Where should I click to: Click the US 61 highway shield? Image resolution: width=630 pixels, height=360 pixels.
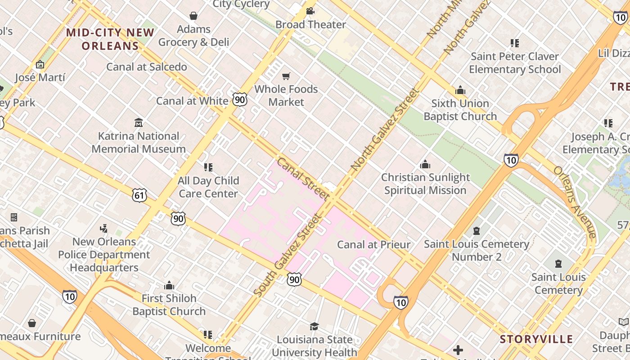click(139, 195)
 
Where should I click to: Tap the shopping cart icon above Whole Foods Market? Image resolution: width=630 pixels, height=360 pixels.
click(286, 76)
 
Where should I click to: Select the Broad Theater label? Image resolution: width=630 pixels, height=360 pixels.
click(310, 24)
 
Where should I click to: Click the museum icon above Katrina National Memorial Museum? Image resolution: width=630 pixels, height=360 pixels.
click(139, 122)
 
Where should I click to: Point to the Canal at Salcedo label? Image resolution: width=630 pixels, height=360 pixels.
click(147, 67)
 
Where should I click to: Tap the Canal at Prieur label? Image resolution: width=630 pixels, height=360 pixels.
click(373, 245)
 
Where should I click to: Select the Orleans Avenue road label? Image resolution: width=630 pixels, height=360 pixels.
click(575, 202)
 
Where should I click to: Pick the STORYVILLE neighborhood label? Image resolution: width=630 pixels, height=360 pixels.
click(536, 339)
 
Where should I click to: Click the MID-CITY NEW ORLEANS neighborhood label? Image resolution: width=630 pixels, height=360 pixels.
click(110, 39)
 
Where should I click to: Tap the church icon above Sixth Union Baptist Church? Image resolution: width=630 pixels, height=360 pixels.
click(460, 90)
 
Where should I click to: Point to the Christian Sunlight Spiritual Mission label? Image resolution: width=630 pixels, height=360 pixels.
click(425, 184)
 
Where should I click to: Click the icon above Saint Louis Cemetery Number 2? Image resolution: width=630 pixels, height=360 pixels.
click(477, 231)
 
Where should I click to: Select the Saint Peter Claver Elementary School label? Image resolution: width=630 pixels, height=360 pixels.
click(515, 63)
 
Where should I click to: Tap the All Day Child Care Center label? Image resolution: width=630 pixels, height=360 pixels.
click(208, 187)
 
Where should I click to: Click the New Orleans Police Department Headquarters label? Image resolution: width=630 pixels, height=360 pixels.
click(104, 254)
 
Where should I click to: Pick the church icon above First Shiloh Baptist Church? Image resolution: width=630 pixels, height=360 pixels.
click(169, 285)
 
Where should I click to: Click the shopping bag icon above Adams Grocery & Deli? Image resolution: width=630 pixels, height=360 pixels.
click(193, 16)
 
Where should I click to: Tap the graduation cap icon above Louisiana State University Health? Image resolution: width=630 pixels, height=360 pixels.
click(314, 326)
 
